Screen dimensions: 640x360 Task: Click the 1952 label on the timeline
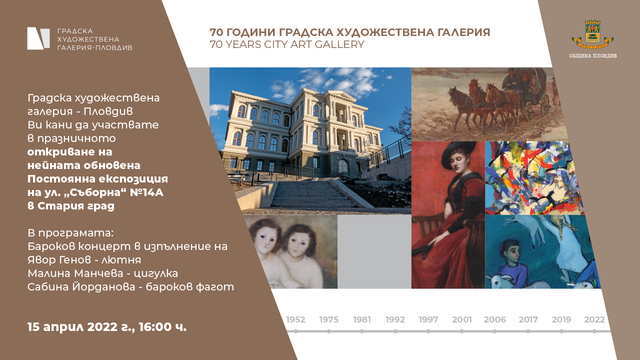pos(295,319)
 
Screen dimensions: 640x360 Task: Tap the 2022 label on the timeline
pos(594,319)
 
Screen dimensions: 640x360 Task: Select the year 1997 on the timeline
pos(428,319)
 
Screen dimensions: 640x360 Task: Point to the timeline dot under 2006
pos(495,331)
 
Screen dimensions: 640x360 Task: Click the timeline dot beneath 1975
pos(329,331)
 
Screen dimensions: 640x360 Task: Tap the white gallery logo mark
pos(38,38)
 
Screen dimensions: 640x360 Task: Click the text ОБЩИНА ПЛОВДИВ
pos(593,55)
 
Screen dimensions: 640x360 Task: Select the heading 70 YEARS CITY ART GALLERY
pos(287,44)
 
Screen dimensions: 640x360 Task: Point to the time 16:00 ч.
pos(163,327)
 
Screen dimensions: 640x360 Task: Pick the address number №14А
pos(146,192)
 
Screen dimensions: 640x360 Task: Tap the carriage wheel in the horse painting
pos(545,104)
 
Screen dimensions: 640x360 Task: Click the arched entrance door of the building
pos(343,166)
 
